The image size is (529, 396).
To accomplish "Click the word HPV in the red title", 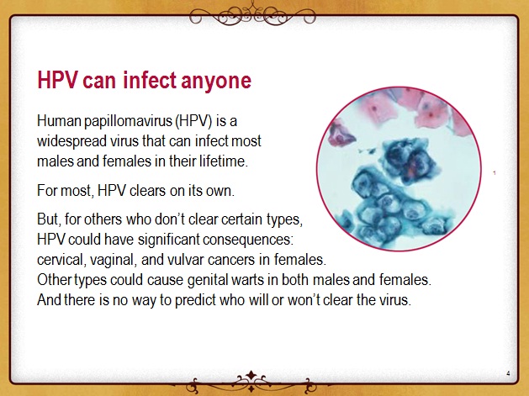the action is pos(57,80).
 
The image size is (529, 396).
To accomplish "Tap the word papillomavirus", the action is pos(128,121).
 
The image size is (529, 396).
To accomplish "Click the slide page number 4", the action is pos(508,373).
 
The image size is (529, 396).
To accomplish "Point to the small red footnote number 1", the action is pos(495,173).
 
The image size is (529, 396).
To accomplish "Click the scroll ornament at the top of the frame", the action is pos(252,15).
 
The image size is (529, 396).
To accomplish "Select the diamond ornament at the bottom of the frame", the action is pos(251,375).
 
